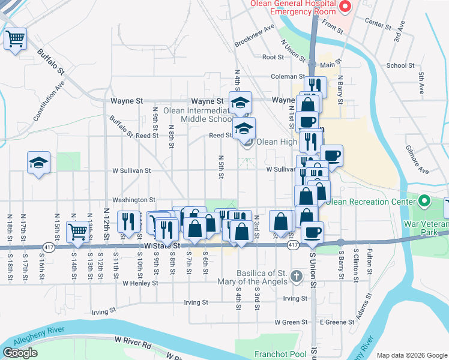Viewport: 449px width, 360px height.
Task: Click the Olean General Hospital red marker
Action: pos(345,7)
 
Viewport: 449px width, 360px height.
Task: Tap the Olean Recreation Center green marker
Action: pos(426,200)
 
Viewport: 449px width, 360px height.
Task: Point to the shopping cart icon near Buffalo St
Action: pos(16,39)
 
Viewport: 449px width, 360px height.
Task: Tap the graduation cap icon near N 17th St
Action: pos(38,163)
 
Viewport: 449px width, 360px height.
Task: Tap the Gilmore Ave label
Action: pos(416,159)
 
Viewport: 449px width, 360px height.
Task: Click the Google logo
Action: pos(20,353)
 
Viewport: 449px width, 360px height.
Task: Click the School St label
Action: pos(400,66)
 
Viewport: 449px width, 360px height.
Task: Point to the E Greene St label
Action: pos(337,322)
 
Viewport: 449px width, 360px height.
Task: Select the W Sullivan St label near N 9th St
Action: pos(131,170)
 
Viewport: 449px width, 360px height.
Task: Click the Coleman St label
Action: pos(288,77)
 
